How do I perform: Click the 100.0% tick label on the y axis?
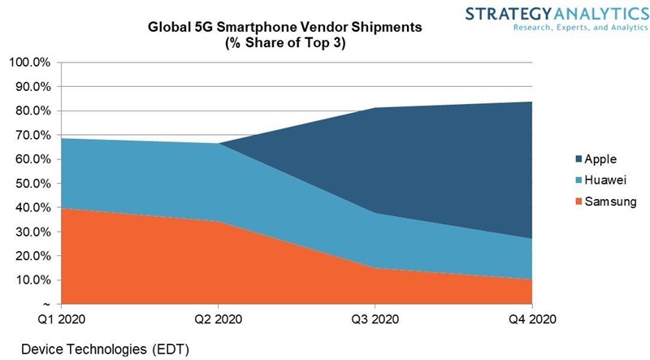coord(29,63)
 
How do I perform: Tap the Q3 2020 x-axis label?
coord(375,319)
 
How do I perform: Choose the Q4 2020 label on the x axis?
coord(532,319)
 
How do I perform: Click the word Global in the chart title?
coord(167,27)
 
